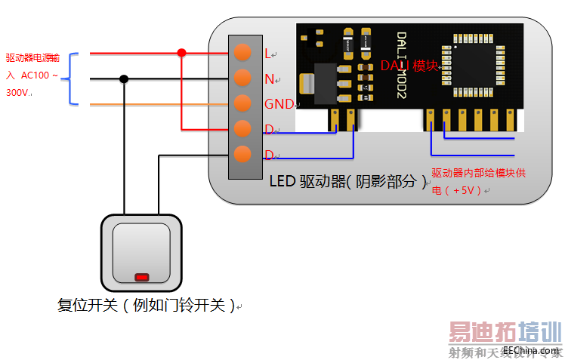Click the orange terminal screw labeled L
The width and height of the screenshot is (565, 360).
[242, 52]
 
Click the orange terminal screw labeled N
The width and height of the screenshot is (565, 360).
[242, 78]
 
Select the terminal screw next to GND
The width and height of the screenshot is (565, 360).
[242, 103]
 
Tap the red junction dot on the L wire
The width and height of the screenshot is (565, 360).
[181, 53]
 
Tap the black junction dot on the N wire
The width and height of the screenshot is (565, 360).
[124, 78]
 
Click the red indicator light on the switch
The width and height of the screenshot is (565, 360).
[141, 277]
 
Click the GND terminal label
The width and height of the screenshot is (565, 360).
[279, 104]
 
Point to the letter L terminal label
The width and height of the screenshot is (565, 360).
[267, 54]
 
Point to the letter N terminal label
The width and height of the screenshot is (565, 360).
[269, 78]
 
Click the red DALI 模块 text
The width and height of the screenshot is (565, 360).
[409, 66]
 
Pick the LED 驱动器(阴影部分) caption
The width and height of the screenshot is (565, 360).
[348, 181]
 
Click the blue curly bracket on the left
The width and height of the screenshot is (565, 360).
[74, 78]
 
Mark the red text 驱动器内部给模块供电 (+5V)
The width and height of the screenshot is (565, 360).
[477, 182]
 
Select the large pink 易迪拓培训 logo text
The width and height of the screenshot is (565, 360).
[505, 333]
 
